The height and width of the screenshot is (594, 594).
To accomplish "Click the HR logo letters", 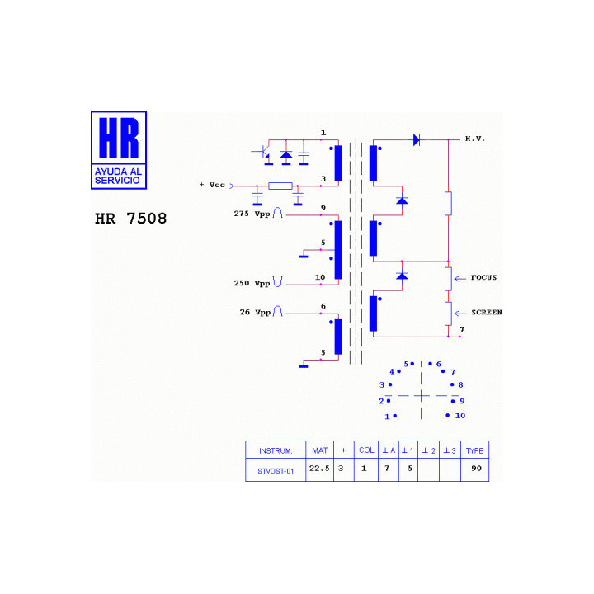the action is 119,137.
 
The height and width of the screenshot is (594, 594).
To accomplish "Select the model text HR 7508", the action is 130,219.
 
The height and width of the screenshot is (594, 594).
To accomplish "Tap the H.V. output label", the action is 474,139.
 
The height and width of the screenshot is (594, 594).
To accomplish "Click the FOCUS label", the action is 483,277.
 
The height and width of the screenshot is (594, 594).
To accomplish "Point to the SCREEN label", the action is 487,312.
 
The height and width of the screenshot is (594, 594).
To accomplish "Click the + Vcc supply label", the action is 212,185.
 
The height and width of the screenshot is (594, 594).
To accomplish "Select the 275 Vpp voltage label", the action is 252,214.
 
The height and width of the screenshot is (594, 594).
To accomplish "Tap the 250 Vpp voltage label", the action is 252,283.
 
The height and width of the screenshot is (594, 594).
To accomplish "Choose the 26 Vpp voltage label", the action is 255,313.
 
